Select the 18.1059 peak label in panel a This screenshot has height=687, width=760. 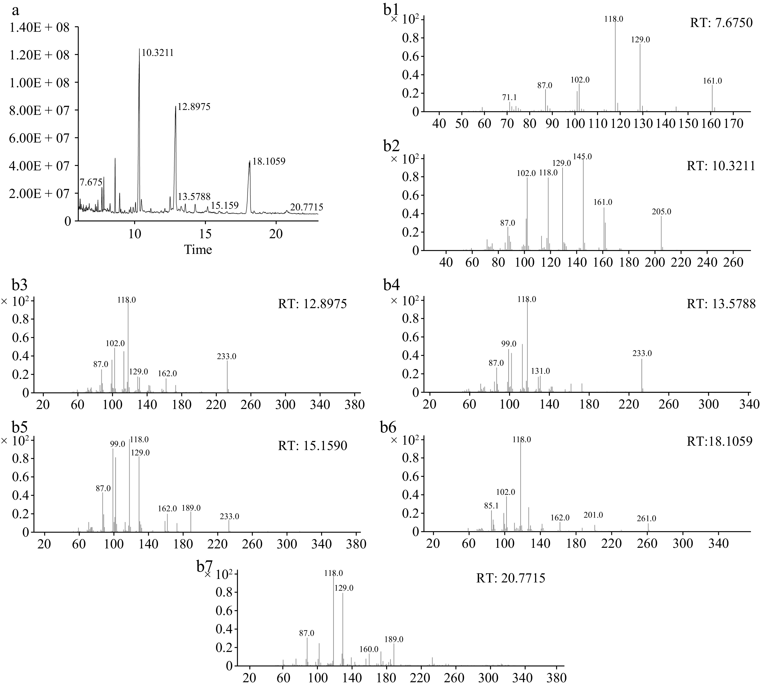pos(269,161)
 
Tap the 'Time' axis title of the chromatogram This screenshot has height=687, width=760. pos(198,250)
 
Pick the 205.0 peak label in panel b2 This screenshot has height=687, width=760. pos(661,212)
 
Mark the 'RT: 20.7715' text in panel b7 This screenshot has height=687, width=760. pos(510,578)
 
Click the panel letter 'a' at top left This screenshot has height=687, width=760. pos(15,11)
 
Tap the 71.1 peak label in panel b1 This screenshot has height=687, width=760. pos(509,97)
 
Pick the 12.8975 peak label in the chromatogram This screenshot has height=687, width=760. pos(194,107)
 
